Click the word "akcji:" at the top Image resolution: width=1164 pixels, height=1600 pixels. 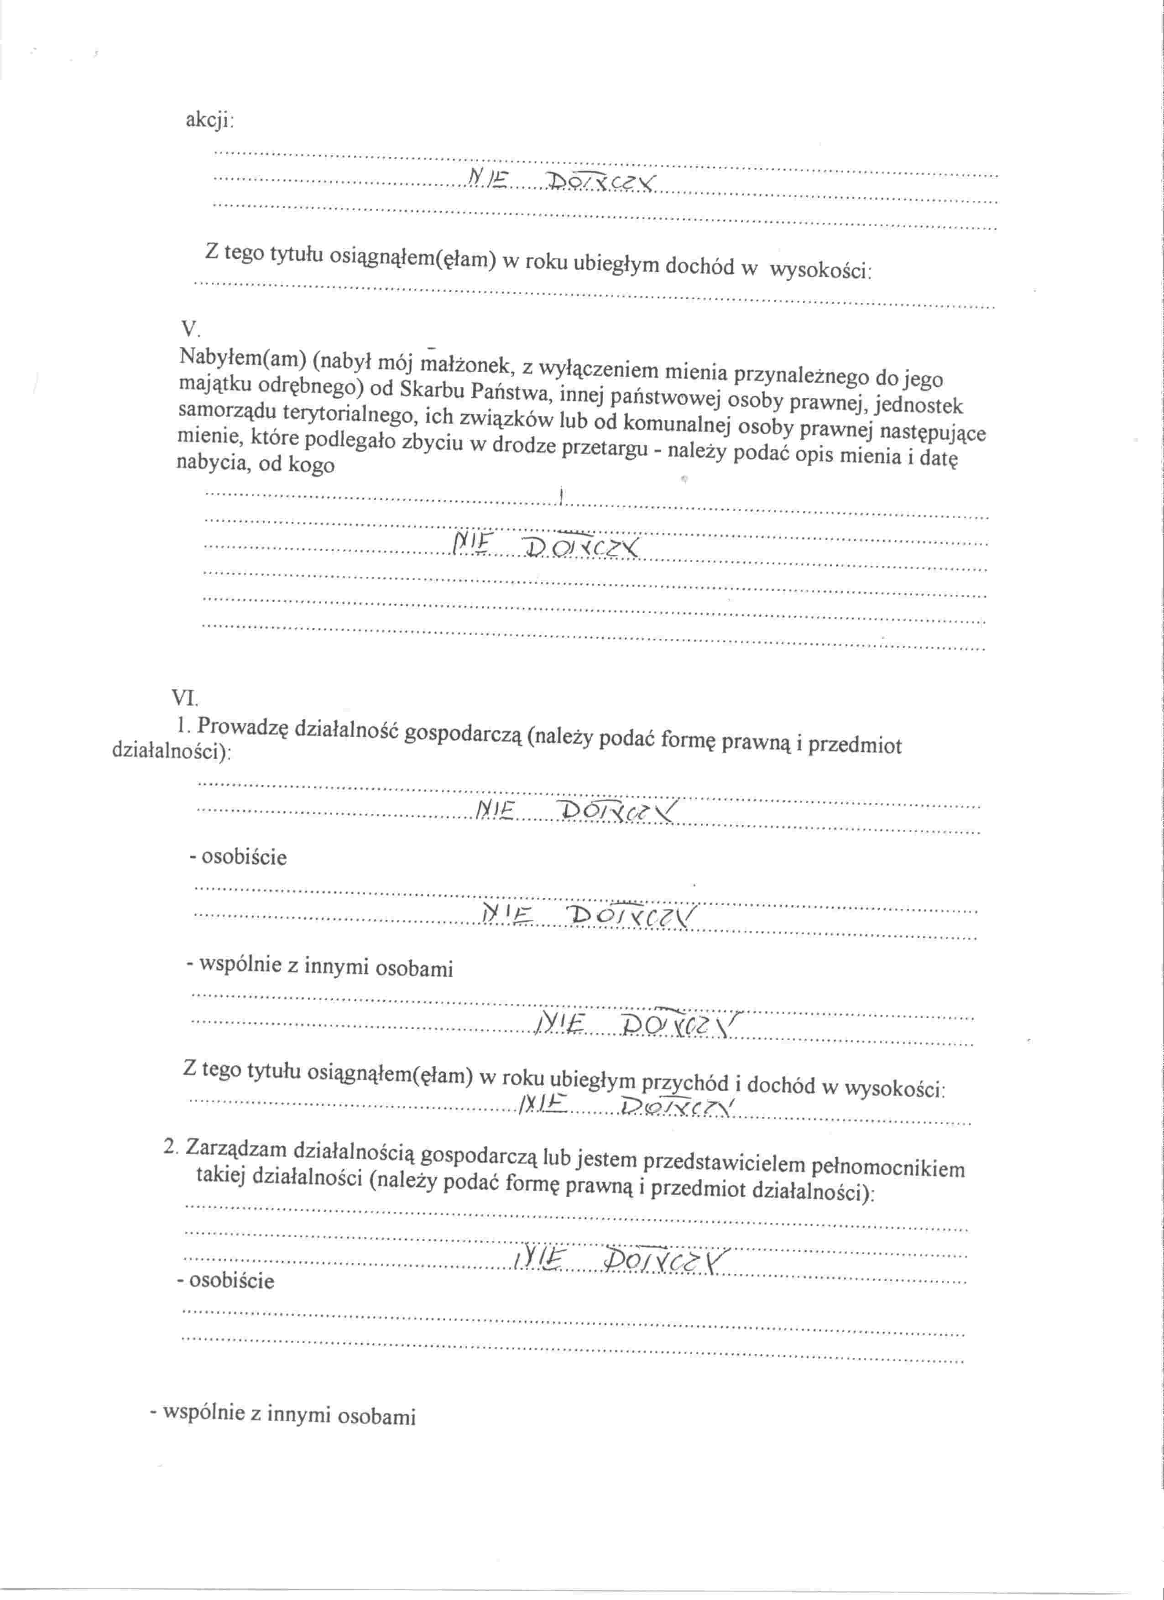point(209,120)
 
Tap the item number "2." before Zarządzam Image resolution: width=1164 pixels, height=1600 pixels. point(170,1147)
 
